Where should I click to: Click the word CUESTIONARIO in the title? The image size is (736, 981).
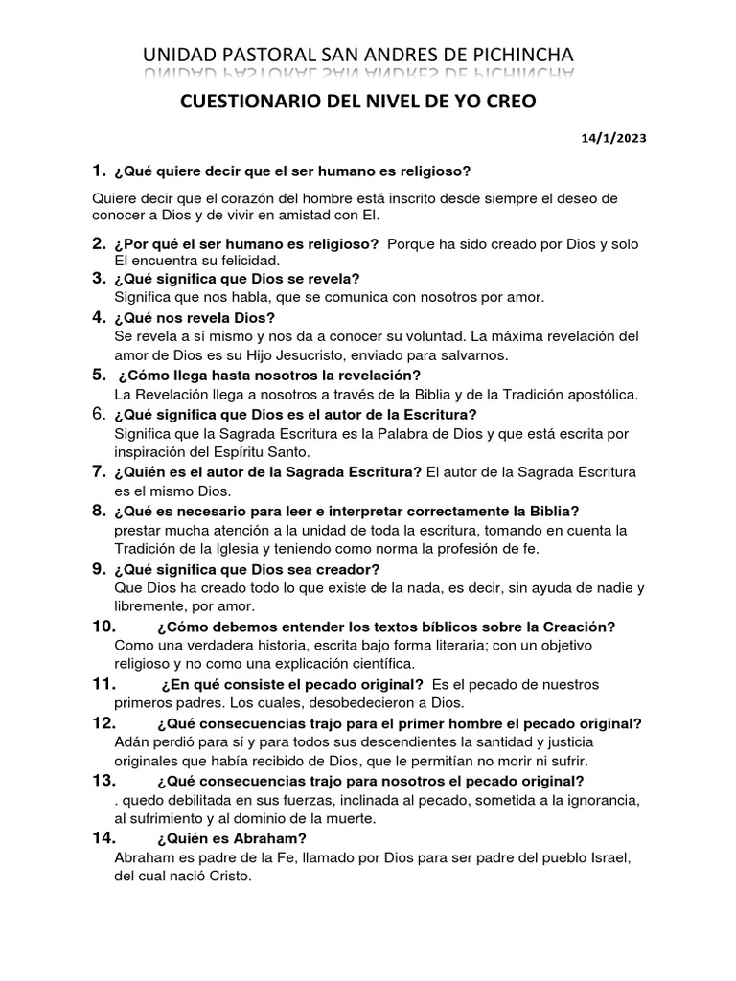click(x=241, y=103)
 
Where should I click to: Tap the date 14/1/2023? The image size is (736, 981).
click(x=613, y=138)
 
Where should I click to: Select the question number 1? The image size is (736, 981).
click(x=98, y=171)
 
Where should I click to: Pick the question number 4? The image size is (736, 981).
click(x=98, y=317)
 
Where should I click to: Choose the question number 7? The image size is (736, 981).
click(x=98, y=471)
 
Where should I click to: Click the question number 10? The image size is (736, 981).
click(x=103, y=627)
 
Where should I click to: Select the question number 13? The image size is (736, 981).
click(x=103, y=781)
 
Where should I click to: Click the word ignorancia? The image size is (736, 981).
click(x=600, y=800)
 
